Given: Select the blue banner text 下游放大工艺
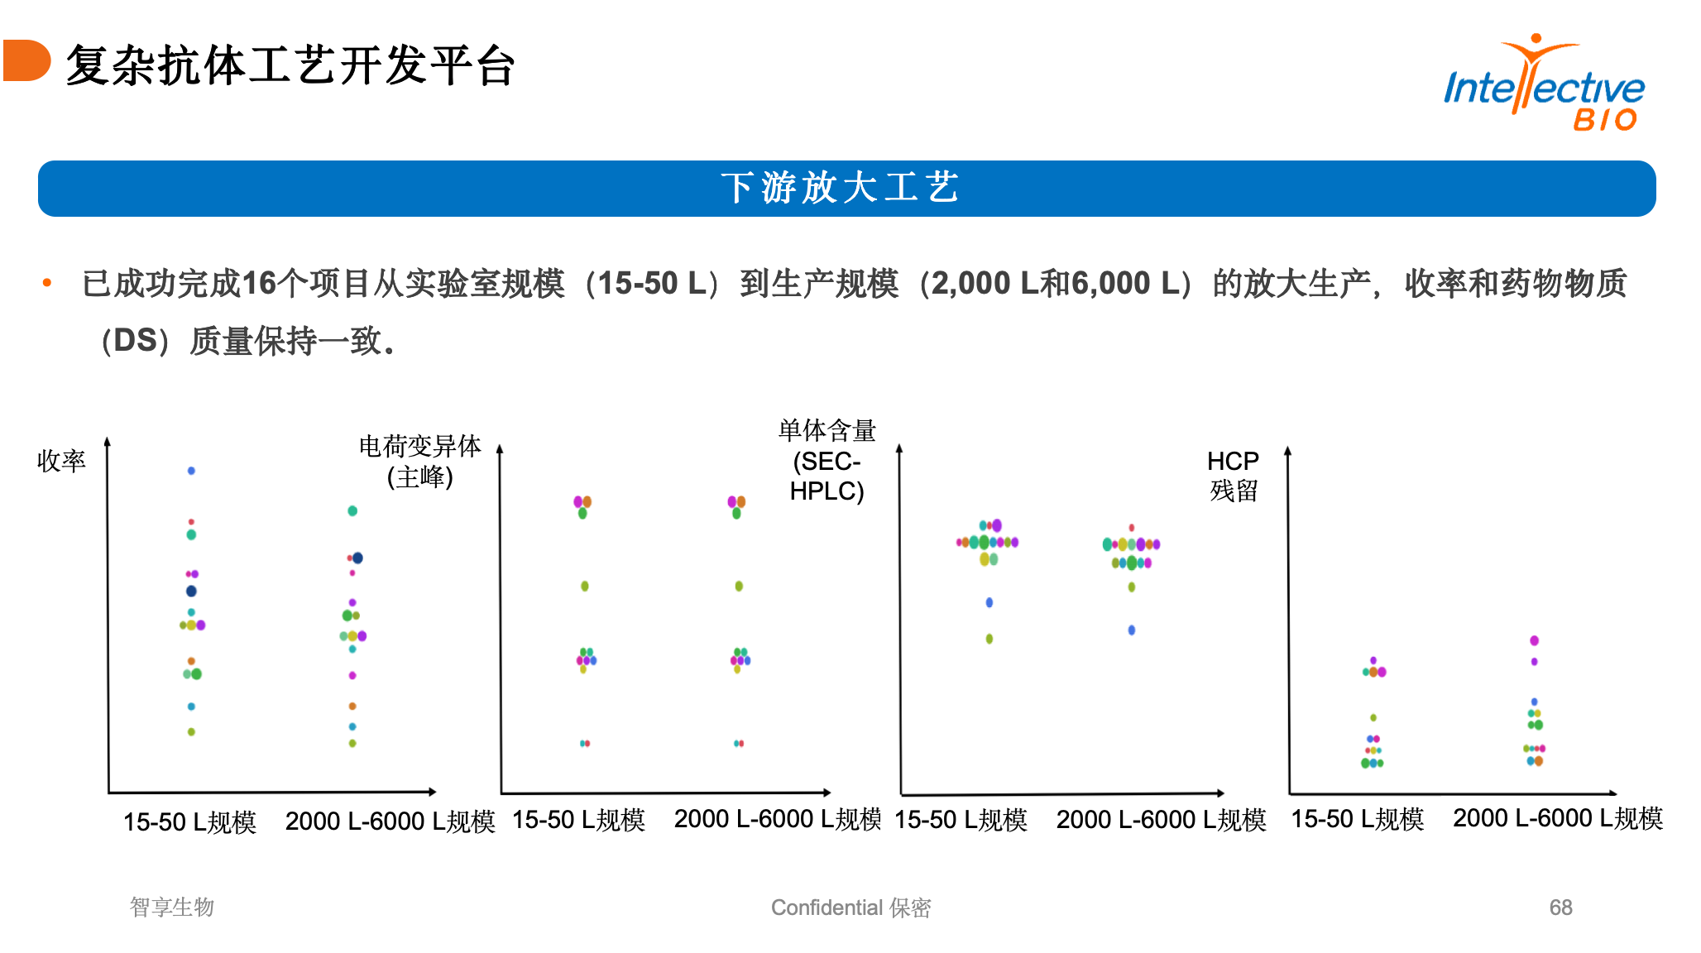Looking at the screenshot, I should pos(840,188).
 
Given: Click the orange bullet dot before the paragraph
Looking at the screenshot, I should pos(47,283).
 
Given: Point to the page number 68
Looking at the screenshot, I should pos(1560,908).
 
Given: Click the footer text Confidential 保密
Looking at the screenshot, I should pos(850,908).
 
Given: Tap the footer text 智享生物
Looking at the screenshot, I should pos(172,908).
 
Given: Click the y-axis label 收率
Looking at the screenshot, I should pos(61,461).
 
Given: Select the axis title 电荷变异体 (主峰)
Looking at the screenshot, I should pos(420,461).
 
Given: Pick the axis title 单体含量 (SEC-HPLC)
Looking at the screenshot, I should pos(827,461).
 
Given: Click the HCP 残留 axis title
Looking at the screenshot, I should pos(1233,476).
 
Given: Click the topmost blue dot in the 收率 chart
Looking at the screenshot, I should pos(191,471).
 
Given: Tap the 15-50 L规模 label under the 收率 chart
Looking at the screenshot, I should pos(189,821).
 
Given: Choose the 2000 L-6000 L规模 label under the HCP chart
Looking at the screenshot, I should pos(1557,818).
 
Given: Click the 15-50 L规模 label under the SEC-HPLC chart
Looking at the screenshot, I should pos(961,820).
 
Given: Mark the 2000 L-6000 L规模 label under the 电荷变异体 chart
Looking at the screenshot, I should pos(778,819).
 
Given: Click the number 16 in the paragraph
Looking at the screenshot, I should pos(259,283).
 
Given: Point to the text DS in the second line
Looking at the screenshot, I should pos(135,340).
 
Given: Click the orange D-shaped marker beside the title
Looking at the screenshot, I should pos(26,60).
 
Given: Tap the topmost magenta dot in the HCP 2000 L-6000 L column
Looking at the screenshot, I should pos(1534,640).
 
